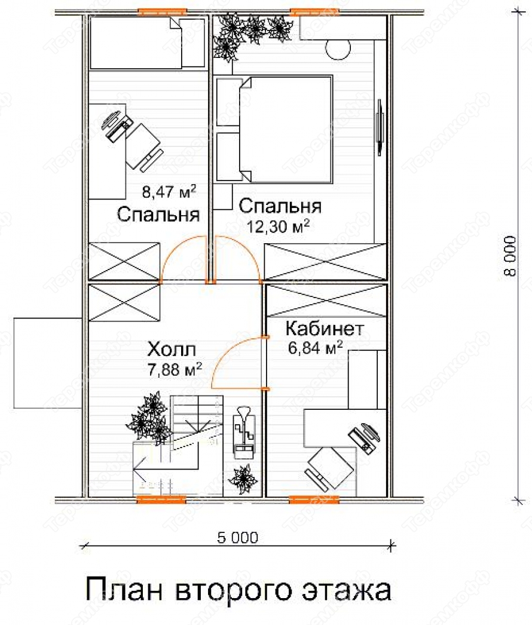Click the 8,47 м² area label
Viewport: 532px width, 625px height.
click(x=169, y=192)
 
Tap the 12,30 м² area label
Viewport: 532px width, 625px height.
click(x=278, y=227)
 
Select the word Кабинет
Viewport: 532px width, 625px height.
click(x=325, y=329)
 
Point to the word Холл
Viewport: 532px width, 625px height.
click(x=172, y=350)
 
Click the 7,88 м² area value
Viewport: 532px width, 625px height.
click(x=175, y=369)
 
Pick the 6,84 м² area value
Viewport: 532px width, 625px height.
click(x=315, y=348)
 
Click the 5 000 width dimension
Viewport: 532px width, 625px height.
click(x=238, y=538)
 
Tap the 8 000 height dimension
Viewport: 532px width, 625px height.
click(x=510, y=256)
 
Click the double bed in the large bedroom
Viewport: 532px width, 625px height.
click(x=286, y=130)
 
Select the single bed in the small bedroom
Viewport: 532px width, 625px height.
click(x=147, y=42)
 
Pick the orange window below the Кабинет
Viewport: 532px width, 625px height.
click(x=314, y=499)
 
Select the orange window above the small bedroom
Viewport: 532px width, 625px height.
click(x=162, y=12)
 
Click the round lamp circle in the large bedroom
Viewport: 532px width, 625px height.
click(x=338, y=50)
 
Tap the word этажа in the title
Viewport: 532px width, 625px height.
click(x=346, y=590)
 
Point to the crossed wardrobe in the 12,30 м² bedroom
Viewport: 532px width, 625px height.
click(x=325, y=262)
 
